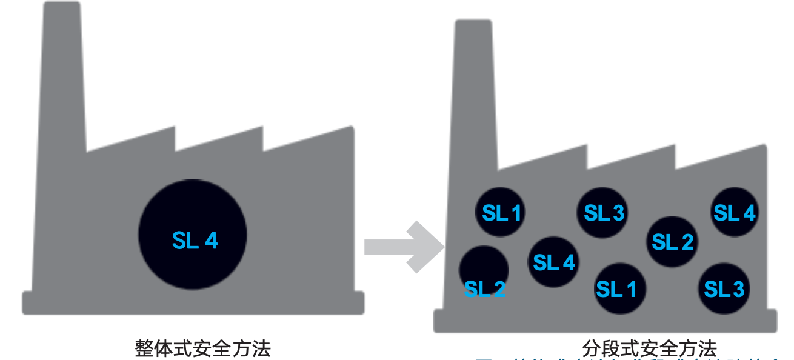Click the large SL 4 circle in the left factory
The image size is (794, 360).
click(x=193, y=235)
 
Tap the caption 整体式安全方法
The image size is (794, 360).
click(x=202, y=348)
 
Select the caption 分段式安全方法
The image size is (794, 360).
click(x=649, y=348)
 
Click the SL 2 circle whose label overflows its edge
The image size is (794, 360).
click(x=484, y=270)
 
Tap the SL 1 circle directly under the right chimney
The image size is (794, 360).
click(x=501, y=212)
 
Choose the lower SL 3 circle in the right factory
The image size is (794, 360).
click(x=724, y=288)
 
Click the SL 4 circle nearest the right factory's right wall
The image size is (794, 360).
click(x=734, y=212)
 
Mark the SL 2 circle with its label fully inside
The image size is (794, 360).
click(x=672, y=242)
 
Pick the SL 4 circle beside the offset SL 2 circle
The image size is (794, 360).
click(x=553, y=262)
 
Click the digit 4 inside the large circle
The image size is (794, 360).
click(x=211, y=241)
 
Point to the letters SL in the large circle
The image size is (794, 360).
click(x=185, y=241)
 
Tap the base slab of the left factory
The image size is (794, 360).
click(x=193, y=302)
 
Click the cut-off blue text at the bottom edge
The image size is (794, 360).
click(x=630, y=358)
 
